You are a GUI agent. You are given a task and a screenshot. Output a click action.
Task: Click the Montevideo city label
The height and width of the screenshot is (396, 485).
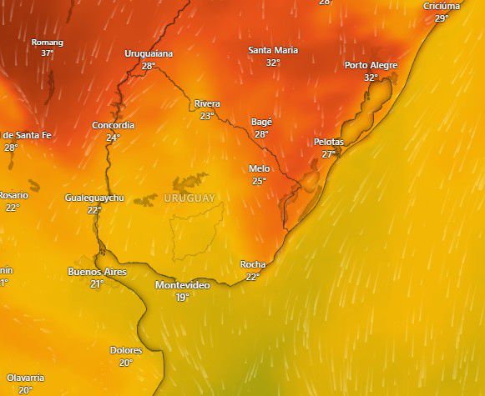tap(182, 285)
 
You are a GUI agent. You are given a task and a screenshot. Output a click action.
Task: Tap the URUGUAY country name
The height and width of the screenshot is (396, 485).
tap(189, 198)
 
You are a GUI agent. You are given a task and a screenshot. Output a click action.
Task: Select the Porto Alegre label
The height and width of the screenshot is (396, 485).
tap(371, 65)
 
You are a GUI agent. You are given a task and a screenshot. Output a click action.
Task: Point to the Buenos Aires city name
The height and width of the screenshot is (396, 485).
tap(96, 272)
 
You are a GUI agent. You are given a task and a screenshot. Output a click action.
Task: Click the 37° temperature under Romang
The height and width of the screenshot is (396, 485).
tap(48, 53)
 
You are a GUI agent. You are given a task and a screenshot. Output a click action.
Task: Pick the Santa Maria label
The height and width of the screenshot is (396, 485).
tap(273, 50)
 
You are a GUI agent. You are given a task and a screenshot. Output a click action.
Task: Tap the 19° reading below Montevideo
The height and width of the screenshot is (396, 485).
tap(182, 297)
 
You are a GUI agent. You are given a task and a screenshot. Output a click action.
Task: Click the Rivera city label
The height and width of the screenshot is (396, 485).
tap(207, 103)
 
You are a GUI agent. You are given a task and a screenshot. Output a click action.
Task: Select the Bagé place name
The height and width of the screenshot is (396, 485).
tap(261, 122)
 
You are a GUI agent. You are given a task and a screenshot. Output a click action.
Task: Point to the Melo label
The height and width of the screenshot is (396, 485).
tap(259, 168)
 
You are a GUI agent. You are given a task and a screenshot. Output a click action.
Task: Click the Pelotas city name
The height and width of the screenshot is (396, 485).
tap(328, 142)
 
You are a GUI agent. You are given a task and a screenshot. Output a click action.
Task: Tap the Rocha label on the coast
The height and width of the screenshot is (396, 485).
tap(253, 264)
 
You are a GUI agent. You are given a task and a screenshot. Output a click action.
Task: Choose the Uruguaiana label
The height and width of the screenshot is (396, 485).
tap(149, 53)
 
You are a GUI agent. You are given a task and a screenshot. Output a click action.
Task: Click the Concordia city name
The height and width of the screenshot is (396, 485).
tap(113, 125)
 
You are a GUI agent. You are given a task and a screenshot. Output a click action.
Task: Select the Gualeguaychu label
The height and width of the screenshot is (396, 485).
tap(94, 198)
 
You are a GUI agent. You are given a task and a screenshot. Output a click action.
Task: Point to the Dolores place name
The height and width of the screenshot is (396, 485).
tap(126, 350)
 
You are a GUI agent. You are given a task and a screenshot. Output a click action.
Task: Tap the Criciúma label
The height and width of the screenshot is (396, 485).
tap(442, 6)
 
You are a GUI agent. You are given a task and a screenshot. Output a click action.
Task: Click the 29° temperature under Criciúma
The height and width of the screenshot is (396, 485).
tap(442, 18)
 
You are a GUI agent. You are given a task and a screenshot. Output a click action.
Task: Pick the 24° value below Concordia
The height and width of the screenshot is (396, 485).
tap(113, 138)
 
